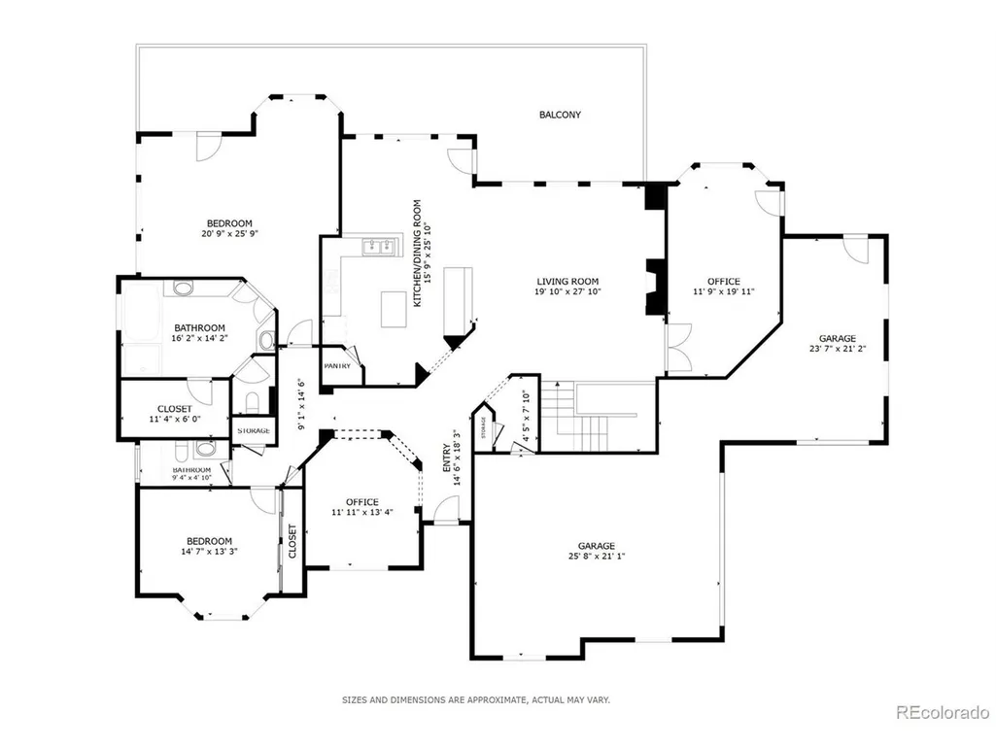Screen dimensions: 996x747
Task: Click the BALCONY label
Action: (x=560, y=115)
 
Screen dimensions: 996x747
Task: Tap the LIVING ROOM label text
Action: (x=567, y=282)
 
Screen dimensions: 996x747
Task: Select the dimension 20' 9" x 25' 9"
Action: (x=229, y=234)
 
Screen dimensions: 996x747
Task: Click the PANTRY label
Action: (x=337, y=366)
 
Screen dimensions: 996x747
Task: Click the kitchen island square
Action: (x=394, y=309)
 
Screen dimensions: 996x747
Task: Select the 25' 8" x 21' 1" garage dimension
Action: (x=597, y=557)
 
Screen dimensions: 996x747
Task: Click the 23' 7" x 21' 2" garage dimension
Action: (x=838, y=349)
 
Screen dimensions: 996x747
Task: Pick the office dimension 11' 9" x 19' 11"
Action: (x=724, y=292)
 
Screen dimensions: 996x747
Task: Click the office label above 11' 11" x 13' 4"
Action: (x=362, y=502)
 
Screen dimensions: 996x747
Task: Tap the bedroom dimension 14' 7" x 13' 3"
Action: (x=209, y=552)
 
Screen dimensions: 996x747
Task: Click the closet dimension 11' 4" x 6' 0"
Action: (x=175, y=420)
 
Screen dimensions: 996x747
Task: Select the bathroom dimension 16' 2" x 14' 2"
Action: (x=199, y=339)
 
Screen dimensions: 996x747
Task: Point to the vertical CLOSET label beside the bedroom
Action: (x=292, y=541)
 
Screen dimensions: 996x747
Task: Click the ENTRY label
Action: (x=447, y=458)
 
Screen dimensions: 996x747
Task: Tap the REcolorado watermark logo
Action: (x=943, y=713)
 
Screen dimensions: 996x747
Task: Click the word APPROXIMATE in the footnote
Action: (x=497, y=700)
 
